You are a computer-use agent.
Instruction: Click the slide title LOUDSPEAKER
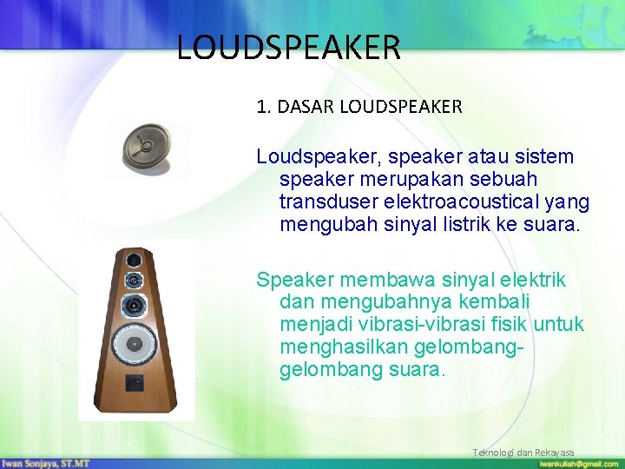288,47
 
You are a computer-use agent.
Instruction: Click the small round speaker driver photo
147,148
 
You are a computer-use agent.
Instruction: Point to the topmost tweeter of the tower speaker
134,261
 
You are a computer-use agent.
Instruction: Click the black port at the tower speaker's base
134,381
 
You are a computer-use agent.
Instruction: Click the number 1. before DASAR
264,107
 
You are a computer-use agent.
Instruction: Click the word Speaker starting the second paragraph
295,280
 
